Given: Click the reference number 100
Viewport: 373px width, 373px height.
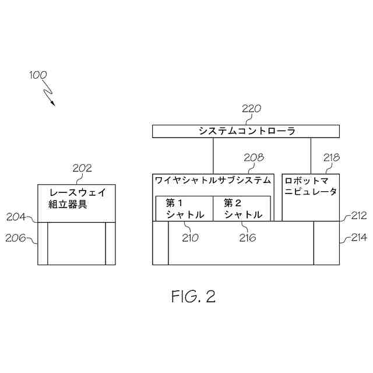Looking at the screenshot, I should click(38, 75).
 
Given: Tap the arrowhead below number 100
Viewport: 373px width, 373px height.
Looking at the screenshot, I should click(53, 104).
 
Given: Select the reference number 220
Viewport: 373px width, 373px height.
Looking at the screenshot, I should click(252, 108).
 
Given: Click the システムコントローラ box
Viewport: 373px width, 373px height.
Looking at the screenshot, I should click(247, 131).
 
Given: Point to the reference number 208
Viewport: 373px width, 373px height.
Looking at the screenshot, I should click(254, 157).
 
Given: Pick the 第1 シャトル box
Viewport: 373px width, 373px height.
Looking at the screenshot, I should click(185, 209).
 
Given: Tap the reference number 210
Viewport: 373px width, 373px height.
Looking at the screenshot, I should click(189, 237).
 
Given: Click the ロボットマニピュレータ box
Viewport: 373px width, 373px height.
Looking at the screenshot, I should click(310, 197).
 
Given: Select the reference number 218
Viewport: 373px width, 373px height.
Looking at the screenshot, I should click(331, 157).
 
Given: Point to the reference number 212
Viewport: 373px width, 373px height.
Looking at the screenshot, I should click(358, 216).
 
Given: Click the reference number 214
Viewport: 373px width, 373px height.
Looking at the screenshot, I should click(358, 238).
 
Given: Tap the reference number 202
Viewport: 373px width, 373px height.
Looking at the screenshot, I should click(82, 168).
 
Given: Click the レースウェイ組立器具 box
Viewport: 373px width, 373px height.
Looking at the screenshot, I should click(76, 203).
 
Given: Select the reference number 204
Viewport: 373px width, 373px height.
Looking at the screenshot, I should click(16, 217).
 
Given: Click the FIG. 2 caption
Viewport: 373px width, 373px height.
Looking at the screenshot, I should click(193, 297).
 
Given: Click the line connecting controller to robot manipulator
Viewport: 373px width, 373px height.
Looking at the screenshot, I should click(311, 155).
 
